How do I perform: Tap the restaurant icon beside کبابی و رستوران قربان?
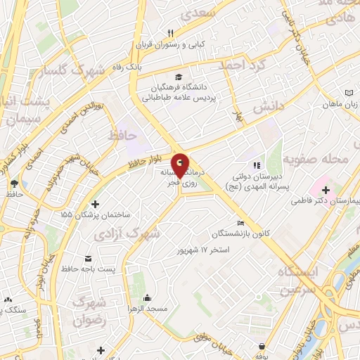pos(171,32)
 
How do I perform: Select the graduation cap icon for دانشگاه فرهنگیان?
pos(179,77)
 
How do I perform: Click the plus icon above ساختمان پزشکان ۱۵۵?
pos(96,204)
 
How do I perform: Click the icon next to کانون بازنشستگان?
pos(241,224)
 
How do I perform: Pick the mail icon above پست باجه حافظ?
pos(88,258)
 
